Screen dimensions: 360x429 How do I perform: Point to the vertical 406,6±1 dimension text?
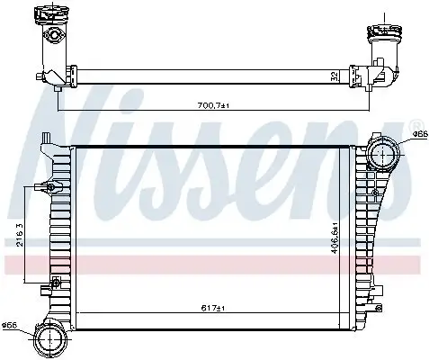point(335,238)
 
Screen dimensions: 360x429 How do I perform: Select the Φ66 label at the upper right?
point(418,134)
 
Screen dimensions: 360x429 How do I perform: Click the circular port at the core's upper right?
point(385,155)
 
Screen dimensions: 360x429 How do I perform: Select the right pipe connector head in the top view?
point(380,37)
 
